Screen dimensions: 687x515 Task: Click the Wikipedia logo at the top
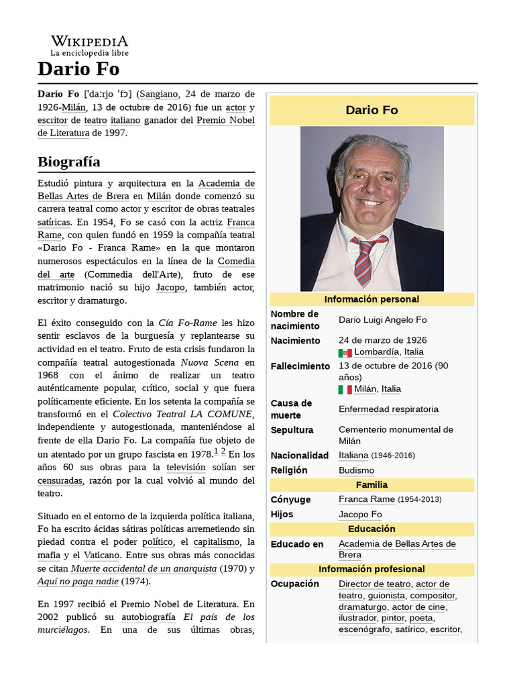(89, 45)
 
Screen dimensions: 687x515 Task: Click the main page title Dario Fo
(78, 69)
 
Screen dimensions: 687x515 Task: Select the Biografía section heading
(69, 162)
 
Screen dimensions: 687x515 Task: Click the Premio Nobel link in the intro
(225, 120)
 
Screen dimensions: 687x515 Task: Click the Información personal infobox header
(371, 299)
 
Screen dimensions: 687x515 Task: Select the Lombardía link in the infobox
(376, 352)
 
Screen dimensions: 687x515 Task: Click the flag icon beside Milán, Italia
(345, 389)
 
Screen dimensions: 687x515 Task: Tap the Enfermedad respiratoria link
(388, 409)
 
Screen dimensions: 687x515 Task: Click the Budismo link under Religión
(356, 470)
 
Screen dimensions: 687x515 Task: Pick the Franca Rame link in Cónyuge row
(367, 499)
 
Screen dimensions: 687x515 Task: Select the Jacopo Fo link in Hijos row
(360, 515)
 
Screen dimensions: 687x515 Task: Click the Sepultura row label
(292, 429)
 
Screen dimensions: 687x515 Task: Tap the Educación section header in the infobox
(371, 529)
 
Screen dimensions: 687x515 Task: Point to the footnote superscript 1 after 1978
(216, 452)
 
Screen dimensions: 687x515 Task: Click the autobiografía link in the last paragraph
(148, 617)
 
